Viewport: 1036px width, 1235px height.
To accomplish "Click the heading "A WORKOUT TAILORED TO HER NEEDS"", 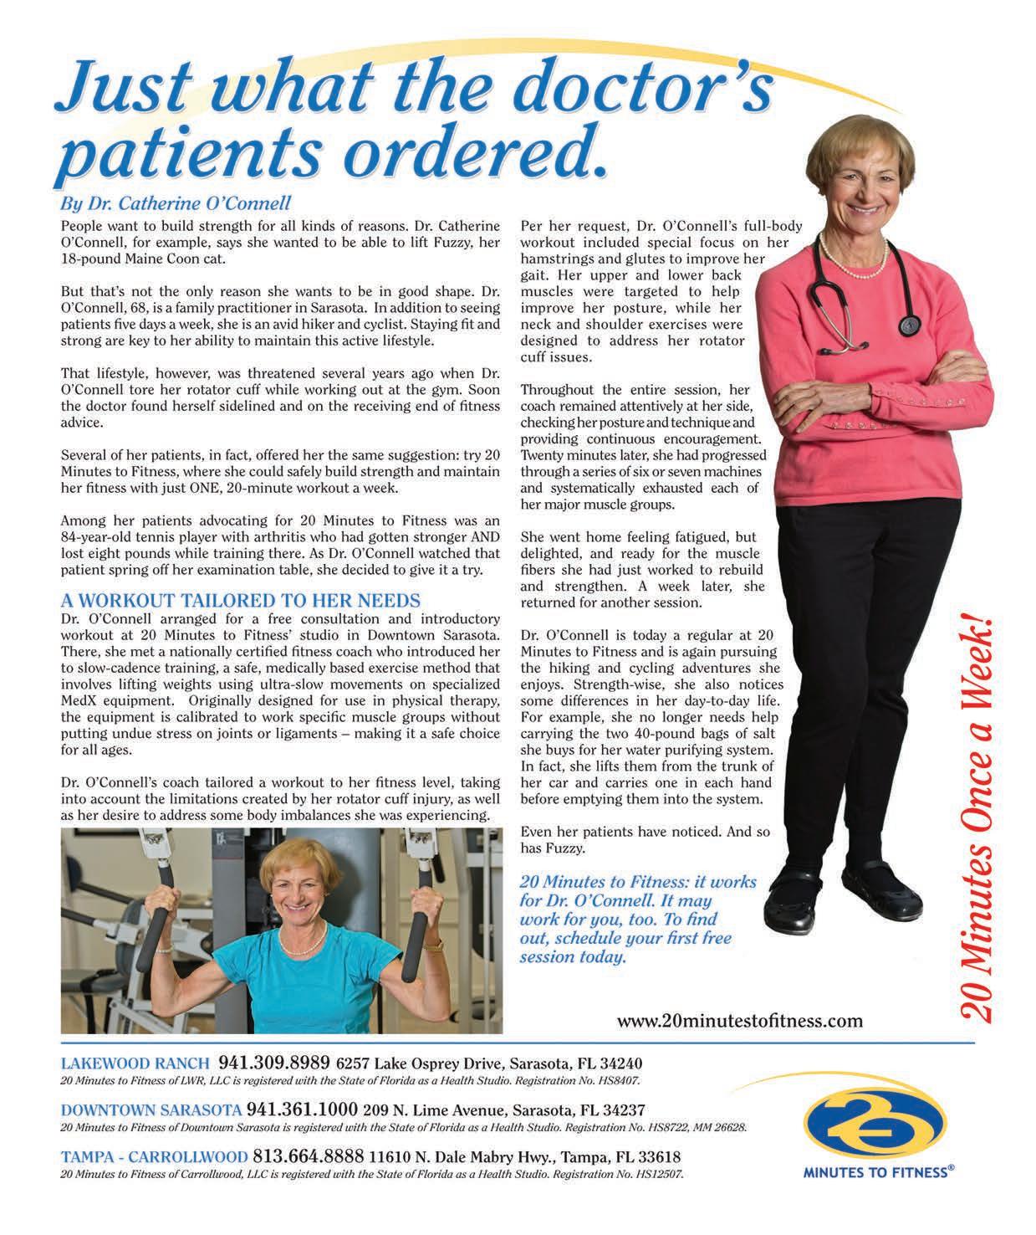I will tap(241, 601).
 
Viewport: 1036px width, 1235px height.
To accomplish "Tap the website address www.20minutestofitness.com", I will tap(739, 1021).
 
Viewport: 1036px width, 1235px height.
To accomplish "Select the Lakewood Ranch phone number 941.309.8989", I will tap(274, 1063).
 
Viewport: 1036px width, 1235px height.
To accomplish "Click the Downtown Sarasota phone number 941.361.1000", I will tap(302, 1110).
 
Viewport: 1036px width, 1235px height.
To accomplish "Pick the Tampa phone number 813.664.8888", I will tap(309, 1157).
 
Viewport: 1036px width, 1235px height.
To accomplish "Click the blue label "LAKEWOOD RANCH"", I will tap(135, 1064).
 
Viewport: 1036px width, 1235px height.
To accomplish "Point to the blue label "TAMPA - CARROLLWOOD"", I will tap(154, 1158).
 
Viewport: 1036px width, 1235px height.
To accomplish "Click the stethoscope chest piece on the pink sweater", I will tap(908, 325).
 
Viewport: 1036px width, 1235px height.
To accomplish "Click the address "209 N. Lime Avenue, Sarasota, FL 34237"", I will tap(504, 1111).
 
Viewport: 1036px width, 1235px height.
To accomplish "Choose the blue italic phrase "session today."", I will tap(572, 956).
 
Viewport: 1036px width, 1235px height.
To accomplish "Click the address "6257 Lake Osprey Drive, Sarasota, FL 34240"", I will tap(489, 1064).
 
